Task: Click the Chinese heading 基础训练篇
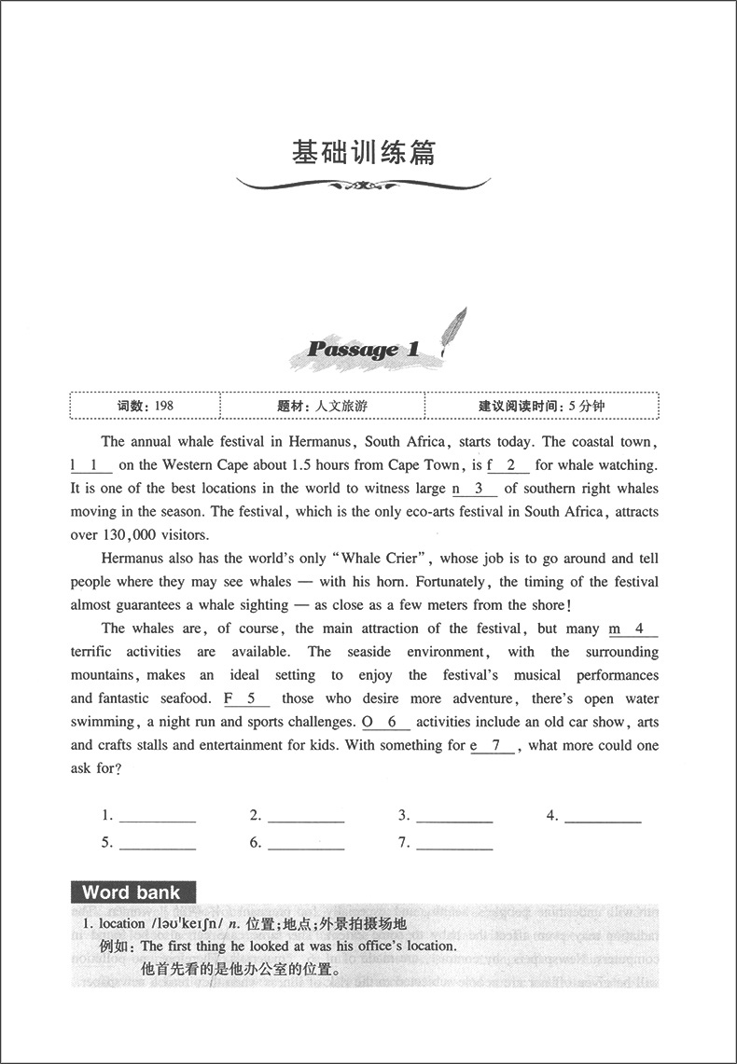point(364,152)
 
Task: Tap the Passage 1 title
point(362,351)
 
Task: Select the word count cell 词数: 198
point(146,406)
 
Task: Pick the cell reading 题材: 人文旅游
point(322,406)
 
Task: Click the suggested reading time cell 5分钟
point(541,406)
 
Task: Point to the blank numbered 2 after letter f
point(510,464)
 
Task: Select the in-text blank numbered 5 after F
point(250,698)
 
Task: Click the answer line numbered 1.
point(158,818)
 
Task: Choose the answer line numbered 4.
point(603,818)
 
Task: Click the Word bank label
point(132,892)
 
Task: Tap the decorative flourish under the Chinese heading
point(364,185)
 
